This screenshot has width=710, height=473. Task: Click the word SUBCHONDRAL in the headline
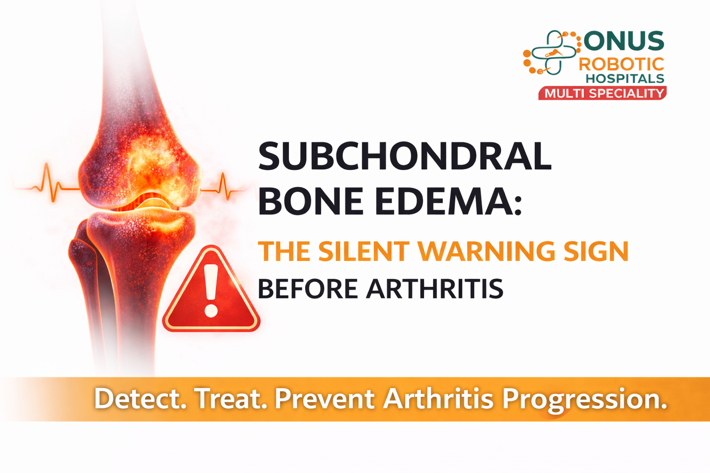[404, 156]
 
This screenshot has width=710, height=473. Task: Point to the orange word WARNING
[486, 251]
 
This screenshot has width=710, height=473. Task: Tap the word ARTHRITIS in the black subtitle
[435, 289]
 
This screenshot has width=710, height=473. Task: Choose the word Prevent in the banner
[324, 399]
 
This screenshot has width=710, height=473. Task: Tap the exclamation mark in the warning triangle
[211, 291]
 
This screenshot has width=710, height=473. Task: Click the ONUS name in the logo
[624, 42]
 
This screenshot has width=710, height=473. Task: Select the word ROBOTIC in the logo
[621, 64]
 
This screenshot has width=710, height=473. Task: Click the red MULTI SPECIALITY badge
[603, 93]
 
